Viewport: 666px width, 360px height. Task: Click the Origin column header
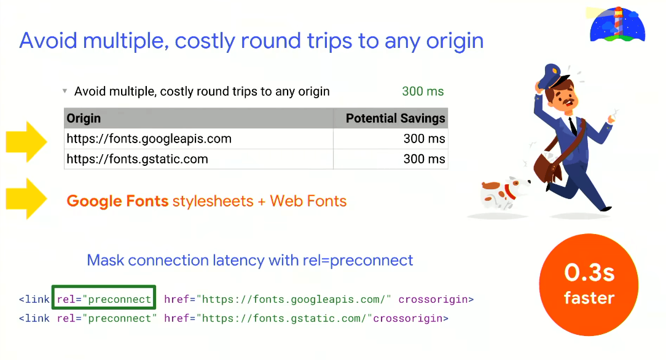[x=84, y=119]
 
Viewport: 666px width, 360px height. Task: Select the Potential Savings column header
[x=395, y=119]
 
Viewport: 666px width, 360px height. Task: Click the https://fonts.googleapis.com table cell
[x=149, y=139]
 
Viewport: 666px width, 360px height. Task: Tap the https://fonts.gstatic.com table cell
[x=138, y=159]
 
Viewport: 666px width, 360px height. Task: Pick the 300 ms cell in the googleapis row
[x=424, y=139]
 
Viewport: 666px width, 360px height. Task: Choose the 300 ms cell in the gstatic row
[x=424, y=159]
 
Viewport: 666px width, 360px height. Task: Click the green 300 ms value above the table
[x=423, y=92]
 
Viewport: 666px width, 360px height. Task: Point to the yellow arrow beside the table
[x=26, y=141]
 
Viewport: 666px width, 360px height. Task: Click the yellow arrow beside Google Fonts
[x=26, y=198]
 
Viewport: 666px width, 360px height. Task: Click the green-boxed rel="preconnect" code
[x=104, y=299]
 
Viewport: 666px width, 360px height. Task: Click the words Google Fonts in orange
[x=117, y=201]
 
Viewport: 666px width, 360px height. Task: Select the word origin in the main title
[x=450, y=41]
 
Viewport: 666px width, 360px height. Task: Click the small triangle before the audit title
[x=65, y=92]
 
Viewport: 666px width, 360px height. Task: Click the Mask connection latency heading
[x=249, y=260]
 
